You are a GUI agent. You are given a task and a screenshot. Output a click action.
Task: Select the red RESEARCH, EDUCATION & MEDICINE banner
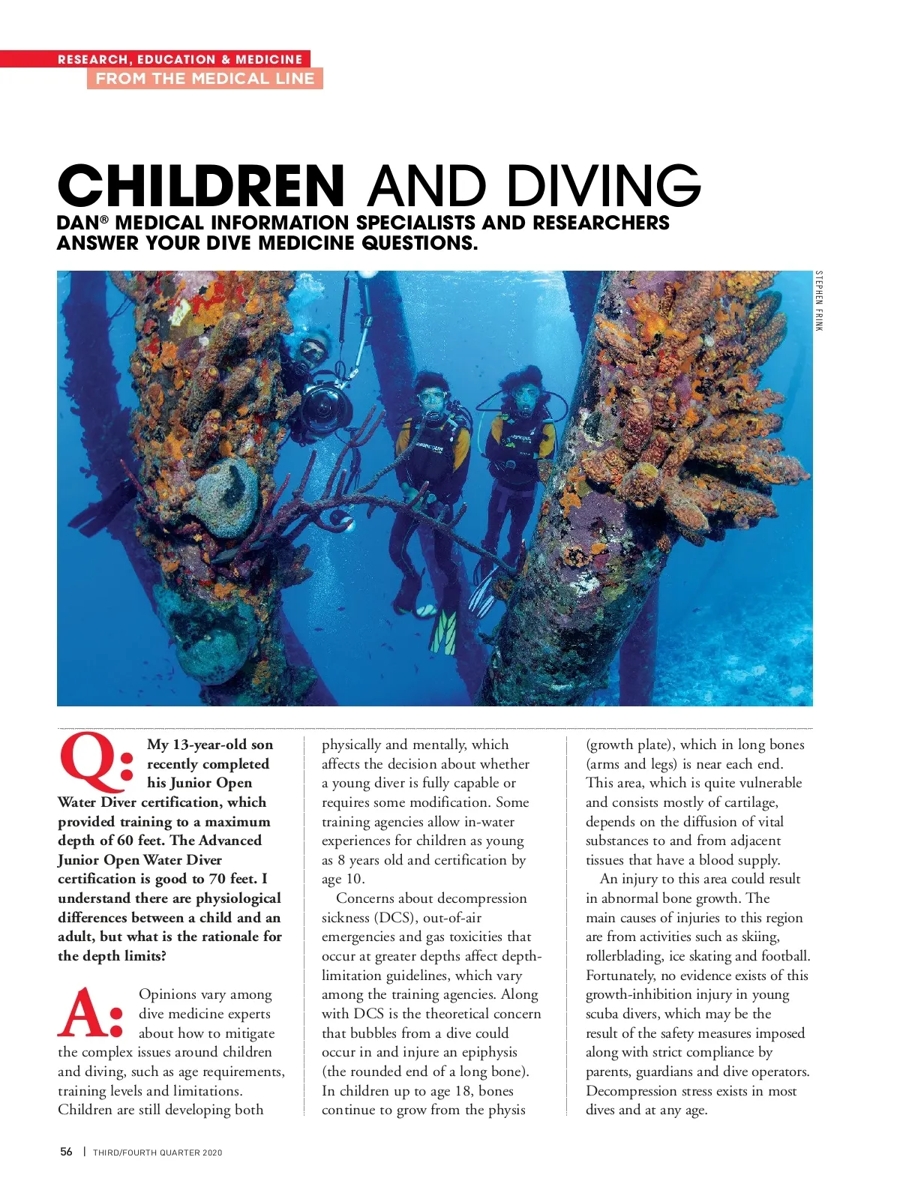(180, 59)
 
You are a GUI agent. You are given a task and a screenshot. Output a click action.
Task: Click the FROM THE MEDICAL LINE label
(205, 79)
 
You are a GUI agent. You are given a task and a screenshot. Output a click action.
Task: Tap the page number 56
(67, 1152)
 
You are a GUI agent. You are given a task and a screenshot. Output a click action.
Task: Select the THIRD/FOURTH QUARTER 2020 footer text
(157, 1153)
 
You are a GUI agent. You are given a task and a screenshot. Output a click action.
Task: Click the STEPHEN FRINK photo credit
(819, 301)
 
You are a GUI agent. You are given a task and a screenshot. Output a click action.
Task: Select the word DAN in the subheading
(78, 223)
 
